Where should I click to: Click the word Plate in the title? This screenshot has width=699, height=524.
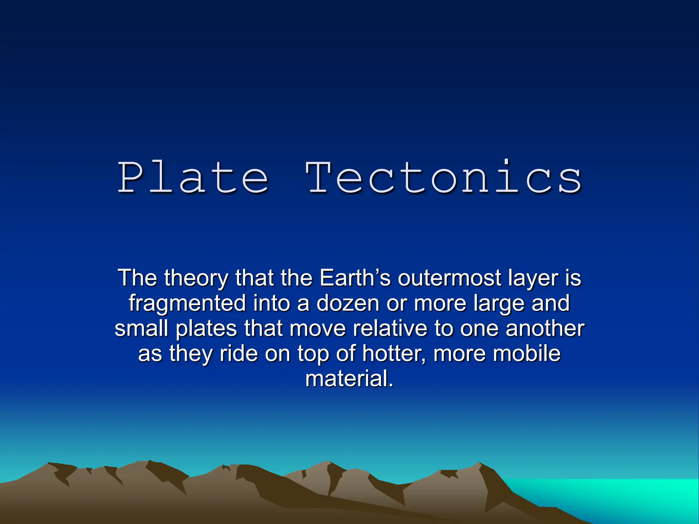point(193,177)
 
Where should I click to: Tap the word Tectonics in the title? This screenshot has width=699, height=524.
point(444,177)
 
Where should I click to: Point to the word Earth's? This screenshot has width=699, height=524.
point(355,278)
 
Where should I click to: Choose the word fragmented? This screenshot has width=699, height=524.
point(187,304)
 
